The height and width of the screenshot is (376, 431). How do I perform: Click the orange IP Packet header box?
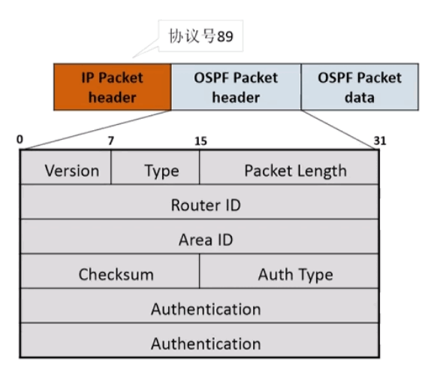point(113,87)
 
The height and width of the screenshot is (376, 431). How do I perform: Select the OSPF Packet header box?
point(236,87)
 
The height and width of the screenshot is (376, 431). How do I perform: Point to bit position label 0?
point(20,140)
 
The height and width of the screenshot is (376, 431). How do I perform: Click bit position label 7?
point(110,140)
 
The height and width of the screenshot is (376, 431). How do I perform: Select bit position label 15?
point(200,140)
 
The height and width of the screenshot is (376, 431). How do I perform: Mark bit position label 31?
point(378,140)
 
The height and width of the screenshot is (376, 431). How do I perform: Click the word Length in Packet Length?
point(320,171)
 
